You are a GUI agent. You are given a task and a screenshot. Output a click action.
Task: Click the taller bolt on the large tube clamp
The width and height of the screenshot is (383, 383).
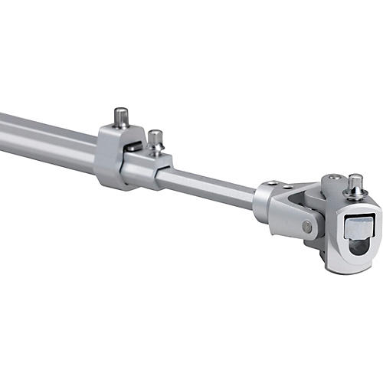pos(121,117)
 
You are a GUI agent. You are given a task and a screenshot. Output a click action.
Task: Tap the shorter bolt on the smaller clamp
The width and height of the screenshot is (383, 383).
pos(155,139)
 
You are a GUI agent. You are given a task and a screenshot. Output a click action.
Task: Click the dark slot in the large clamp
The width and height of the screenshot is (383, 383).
pos(133,146)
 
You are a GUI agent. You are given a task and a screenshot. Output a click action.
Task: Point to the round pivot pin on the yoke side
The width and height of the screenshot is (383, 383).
pos(306,227)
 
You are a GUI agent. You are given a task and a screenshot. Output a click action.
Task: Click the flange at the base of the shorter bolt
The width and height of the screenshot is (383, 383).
pos(156,150)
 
